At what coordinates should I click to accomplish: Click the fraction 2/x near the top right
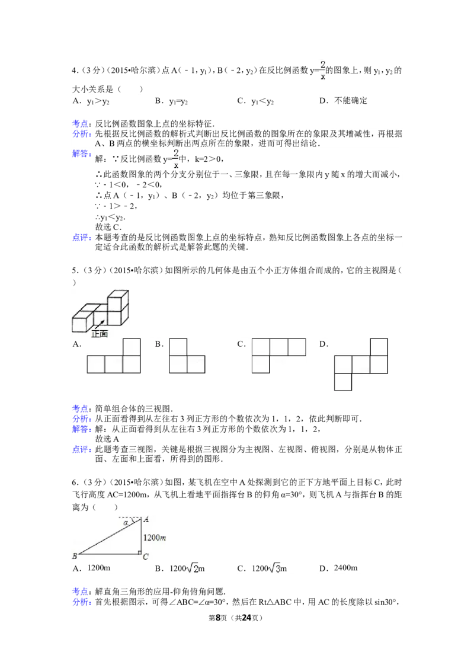(x=323, y=69)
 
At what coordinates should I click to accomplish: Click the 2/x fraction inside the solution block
(x=176, y=159)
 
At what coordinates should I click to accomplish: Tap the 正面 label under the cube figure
(x=100, y=334)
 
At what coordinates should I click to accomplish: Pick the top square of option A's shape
(x=132, y=347)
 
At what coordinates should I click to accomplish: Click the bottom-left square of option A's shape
(x=96, y=365)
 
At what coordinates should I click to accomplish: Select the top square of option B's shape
(x=178, y=347)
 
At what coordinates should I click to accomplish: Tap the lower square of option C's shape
(x=261, y=364)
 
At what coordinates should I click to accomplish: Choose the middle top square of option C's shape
(x=278, y=347)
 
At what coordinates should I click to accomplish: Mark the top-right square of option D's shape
(x=379, y=347)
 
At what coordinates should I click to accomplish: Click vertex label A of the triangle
(x=146, y=519)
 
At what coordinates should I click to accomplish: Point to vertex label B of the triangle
(x=75, y=556)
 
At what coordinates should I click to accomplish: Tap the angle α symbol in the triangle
(x=126, y=523)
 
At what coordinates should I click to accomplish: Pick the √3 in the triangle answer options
(x=276, y=568)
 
